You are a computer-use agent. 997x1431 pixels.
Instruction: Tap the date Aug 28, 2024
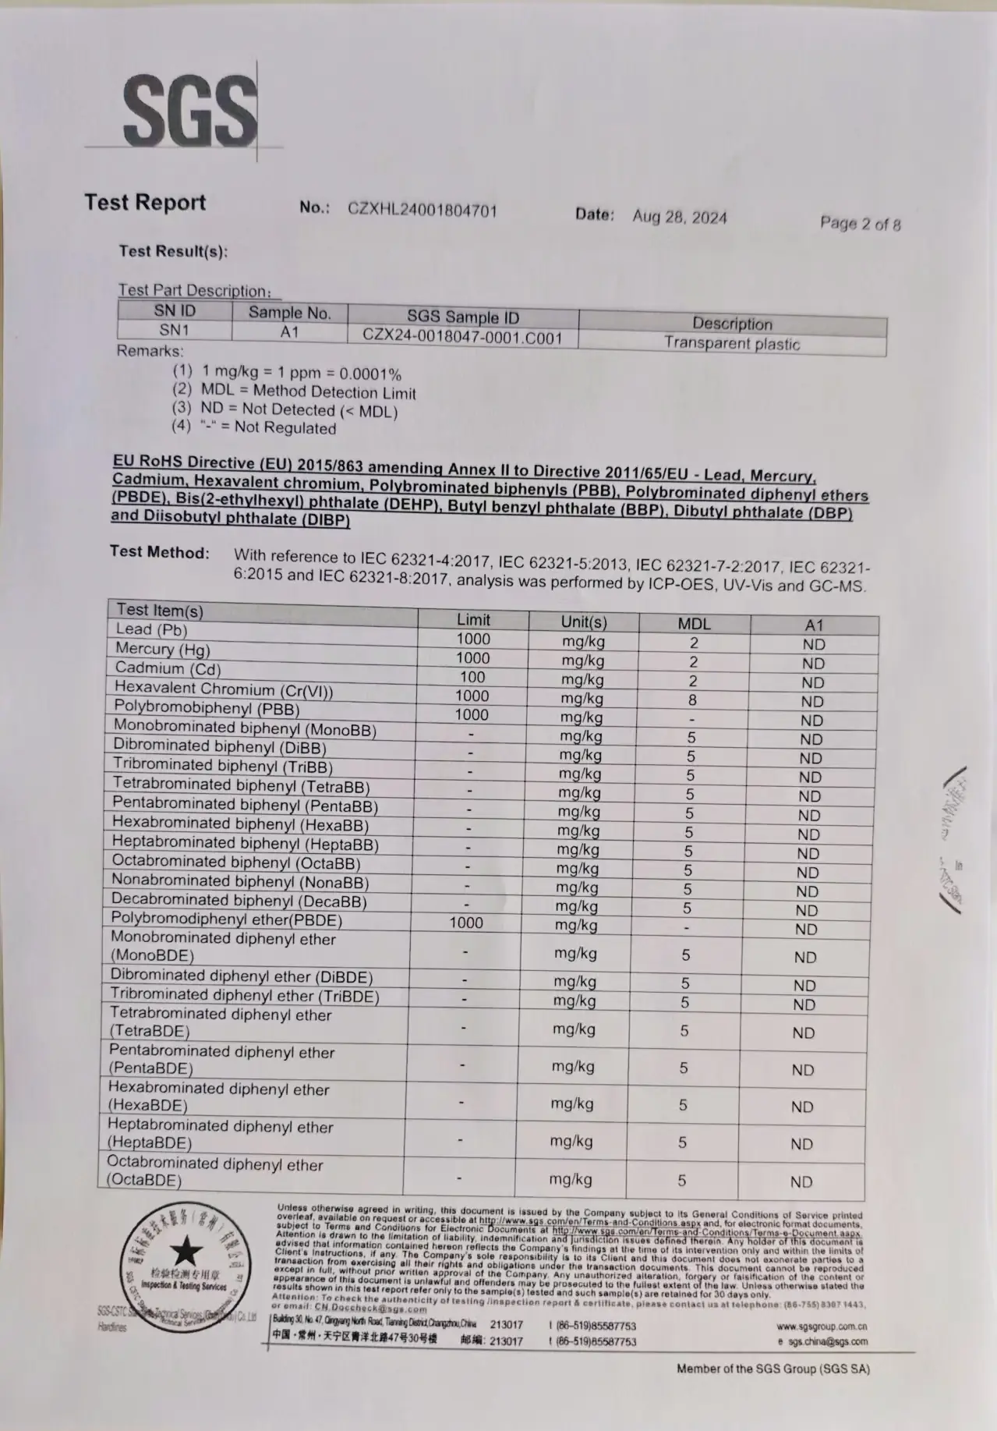tap(679, 217)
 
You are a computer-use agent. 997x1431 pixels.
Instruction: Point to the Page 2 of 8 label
tap(860, 224)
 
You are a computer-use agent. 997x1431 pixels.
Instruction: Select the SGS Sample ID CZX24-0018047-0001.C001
tap(462, 337)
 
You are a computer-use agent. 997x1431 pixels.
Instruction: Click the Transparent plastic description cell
tap(731, 343)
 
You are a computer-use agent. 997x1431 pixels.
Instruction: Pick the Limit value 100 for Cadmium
tap(472, 677)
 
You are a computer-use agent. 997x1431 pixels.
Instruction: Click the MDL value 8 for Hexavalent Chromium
tap(692, 700)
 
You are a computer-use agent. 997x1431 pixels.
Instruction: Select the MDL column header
tap(694, 623)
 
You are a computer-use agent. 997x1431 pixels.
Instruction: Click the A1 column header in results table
tap(814, 625)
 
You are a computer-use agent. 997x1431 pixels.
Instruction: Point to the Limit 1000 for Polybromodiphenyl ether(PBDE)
tap(466, 923)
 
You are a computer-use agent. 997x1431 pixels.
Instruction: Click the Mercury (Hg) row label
tap(162, 648)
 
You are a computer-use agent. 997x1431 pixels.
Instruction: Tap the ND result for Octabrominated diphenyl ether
tap(801, 1181)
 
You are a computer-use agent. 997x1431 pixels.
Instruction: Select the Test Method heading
tap(160, 552)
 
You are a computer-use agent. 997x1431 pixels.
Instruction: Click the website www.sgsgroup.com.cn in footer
tap(821, 1326)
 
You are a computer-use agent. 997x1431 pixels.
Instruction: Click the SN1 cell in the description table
tap(175, 330)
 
